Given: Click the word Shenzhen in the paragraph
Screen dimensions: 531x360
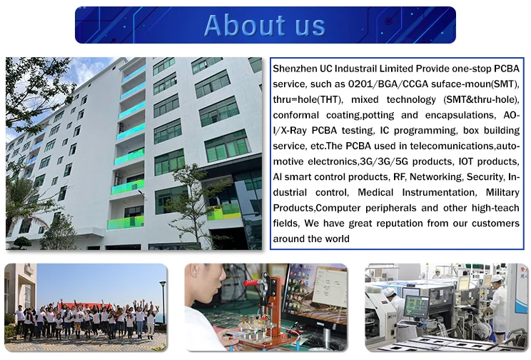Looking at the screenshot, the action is pyautogui.click(x=295, y=69).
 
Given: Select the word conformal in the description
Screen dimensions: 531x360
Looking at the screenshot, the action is pyautogui.click(x=295, y=115).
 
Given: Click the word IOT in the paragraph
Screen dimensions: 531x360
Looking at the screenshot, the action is pyautogui.click(x=465, y=161).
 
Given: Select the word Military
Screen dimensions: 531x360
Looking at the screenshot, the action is pyautogui.click(x=502, y=193).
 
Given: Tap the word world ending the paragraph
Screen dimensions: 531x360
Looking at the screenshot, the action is pyautogui.click(x=338, y=239).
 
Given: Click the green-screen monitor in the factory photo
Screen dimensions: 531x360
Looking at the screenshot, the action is pyautogui.click(x=417, y=305).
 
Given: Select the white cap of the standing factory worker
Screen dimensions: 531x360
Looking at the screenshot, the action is pyautogui.click(x=496, y=279).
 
